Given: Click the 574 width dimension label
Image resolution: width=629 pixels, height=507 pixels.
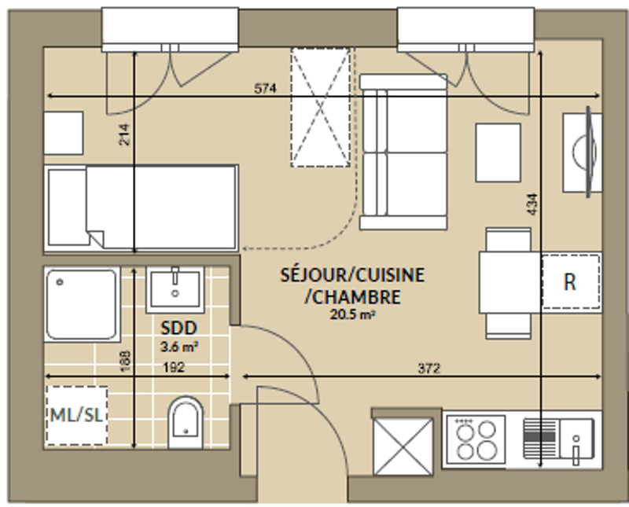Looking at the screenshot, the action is [265, 88].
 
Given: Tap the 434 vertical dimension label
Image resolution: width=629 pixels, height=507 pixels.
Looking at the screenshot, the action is [532, 204].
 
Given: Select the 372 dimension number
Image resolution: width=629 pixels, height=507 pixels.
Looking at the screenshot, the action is [429, 368].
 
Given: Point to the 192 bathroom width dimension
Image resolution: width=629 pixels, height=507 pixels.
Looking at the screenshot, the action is [173, 367].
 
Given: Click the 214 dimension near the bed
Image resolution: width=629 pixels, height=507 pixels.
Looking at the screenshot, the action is [125, 134].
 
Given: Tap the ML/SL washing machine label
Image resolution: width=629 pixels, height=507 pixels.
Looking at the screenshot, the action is [76, 415].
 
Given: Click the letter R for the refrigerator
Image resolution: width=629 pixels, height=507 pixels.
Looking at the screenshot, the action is [569, 282].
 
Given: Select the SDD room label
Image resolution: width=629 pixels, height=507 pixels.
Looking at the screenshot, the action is [178, 328].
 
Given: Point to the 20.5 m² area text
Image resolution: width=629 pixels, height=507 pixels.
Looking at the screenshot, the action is [352, 314].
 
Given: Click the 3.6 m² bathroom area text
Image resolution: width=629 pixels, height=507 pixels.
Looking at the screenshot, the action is [179, 347].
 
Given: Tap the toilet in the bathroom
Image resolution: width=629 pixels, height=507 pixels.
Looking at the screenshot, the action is [186, 422].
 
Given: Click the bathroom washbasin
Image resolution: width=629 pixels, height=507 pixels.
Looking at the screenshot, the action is [175, 289].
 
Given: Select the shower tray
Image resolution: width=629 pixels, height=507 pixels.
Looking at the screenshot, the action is [82, 304].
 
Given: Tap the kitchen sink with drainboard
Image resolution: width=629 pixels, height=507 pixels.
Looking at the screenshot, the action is [558, 439].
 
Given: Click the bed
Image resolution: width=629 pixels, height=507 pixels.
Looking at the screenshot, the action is [142, 208].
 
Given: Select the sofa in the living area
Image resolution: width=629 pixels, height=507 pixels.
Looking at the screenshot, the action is [403, 152].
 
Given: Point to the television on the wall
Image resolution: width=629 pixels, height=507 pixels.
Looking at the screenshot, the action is [588, 152].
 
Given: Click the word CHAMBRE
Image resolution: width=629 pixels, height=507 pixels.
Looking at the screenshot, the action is [352, 297].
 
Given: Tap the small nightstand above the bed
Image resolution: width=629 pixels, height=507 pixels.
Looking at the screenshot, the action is [64, 133].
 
